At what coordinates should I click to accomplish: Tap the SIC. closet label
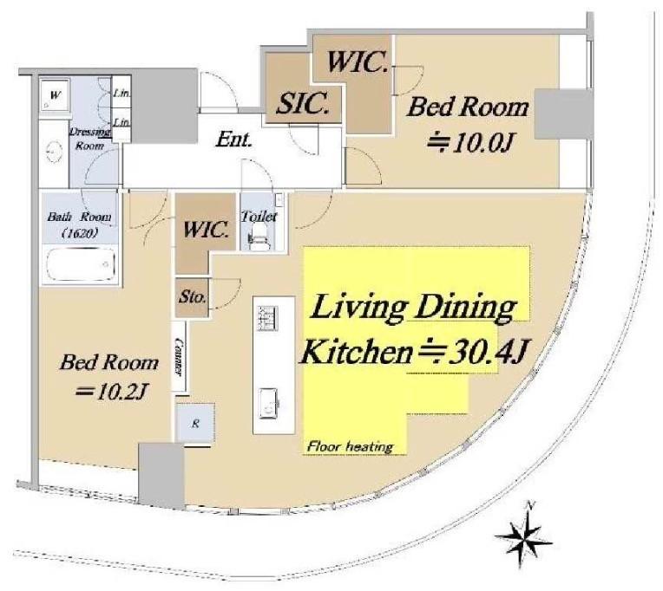(302, 103)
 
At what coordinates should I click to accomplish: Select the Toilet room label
(259, 217)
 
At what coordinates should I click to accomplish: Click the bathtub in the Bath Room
(80, 263)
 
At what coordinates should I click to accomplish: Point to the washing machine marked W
(55, 95)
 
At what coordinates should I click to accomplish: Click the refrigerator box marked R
(195, 424)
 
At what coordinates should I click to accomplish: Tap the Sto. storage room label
(193, 297)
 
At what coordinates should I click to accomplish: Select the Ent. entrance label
(233, 140)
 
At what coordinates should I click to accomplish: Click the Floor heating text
(351, 446)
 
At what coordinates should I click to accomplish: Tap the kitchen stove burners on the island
(268, 318)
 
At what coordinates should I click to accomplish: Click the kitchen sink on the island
(268, 404)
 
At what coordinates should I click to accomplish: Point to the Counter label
(180, 356)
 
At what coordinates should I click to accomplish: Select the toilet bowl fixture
(259, 239)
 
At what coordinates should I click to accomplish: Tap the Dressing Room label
(90, 139)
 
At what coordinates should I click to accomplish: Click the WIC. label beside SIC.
(358, 62)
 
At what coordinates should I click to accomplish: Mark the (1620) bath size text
(80, 232)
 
